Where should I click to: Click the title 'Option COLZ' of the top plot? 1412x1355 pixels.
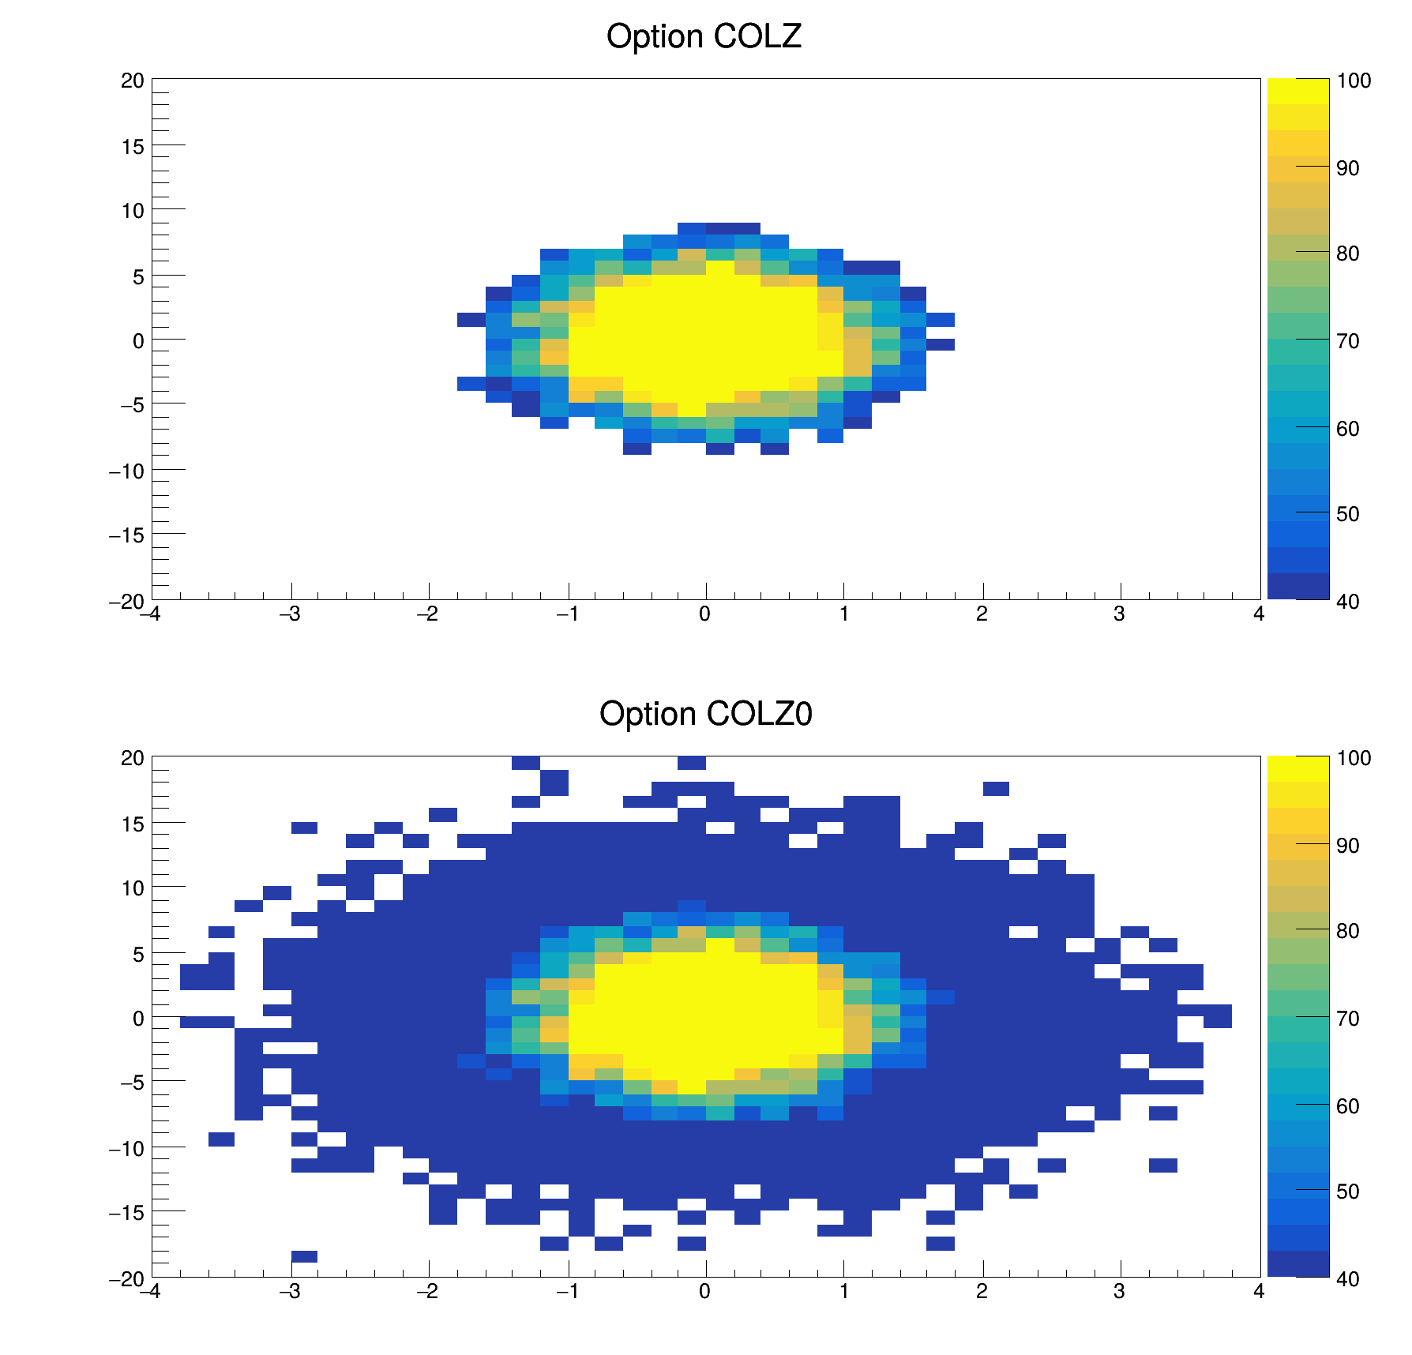click(704, 37)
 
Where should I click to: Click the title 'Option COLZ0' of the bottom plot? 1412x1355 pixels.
click(705, 714)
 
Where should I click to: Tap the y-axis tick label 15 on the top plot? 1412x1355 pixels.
click(133, 146)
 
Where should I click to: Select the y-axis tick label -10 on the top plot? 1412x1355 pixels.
click(127, 471)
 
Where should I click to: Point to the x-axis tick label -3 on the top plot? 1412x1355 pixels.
click(290, 614)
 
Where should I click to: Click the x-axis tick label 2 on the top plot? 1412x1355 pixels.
click(982, 614)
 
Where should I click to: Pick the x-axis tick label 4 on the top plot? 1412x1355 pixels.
click(1259, 614)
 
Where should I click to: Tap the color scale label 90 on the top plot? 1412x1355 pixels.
click(1348, 168)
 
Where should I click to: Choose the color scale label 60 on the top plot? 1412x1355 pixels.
click(1348, 429)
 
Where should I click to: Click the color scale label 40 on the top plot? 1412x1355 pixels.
click(1348, 602)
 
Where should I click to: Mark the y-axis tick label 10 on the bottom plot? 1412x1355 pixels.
click(133, 888)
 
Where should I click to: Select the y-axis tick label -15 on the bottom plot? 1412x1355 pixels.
click(127, 1212)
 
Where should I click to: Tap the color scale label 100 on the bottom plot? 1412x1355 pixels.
click(1354, 759)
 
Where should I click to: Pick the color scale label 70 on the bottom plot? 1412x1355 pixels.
click(1348, 1019)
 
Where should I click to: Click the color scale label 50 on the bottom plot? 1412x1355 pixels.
click(1348, 1192)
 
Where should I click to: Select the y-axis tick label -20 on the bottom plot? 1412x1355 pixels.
click(127, 1279)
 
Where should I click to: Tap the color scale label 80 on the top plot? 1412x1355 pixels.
click(1348, 253)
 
